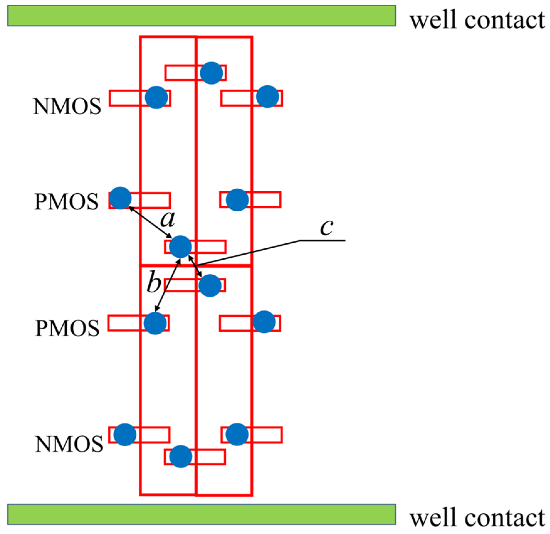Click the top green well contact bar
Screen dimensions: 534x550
click(x=201, y=16)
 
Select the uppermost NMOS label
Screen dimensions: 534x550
click(x=67, y=106)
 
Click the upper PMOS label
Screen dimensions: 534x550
click(x=66, y=201)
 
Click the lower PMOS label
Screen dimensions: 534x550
click(x=67, y=328)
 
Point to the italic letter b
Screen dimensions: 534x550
click(x=154, y=282)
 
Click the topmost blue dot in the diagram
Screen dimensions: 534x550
click(x=212, y=73)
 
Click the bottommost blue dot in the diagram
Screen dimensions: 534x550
click(x=181, y=457)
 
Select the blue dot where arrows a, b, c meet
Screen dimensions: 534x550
click(x=181, y=247)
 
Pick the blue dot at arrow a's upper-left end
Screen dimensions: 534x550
click(x=120, y=198)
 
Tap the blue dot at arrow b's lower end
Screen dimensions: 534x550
click(x=155, y=323)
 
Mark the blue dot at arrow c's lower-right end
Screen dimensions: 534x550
click(x=210, y=285)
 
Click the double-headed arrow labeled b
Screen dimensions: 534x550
click(x=168, y=285)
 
